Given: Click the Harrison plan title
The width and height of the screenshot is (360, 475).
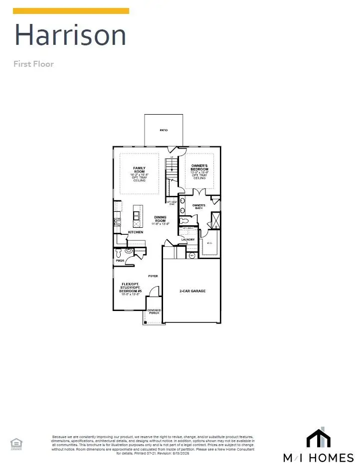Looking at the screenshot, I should pos(70,35).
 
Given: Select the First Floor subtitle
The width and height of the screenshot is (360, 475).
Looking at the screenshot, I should pos(33,64).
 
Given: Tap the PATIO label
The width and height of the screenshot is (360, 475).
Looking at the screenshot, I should pos(164,130).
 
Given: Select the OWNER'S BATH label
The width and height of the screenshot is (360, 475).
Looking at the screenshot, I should pos(199,205).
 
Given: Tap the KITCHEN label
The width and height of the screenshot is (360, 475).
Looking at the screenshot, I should pos(136,232).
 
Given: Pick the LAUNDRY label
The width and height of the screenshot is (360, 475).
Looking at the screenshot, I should pos(188,239).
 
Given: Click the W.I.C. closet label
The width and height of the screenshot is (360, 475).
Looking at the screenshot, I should pos(209,244).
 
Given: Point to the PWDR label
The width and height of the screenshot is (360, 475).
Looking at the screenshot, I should pos(120,261).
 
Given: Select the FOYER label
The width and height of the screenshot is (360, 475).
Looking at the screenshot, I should pos(153,276).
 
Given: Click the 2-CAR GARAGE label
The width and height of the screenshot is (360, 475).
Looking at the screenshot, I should pos(192,291).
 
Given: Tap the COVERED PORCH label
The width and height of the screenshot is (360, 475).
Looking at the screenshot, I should pos(154,312).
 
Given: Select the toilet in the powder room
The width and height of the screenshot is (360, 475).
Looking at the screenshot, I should pos(119,253).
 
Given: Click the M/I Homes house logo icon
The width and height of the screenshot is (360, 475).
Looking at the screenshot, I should pos(318,439).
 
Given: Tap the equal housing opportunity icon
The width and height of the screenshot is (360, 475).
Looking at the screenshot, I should pos(16,443).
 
